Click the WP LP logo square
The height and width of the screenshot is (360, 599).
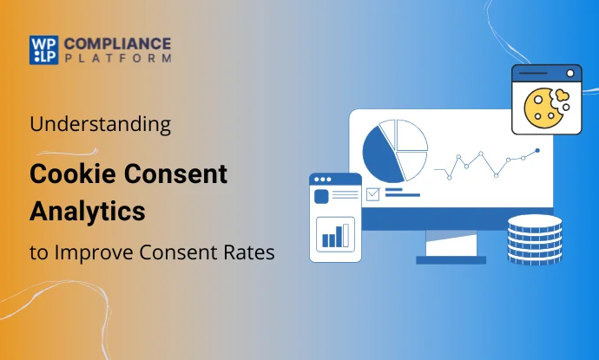tap(43, 49)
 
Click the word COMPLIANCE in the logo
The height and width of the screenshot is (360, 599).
tap(116, 43)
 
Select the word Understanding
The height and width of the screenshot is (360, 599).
tap(100, 124)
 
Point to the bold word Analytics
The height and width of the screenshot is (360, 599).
tap(88, 209)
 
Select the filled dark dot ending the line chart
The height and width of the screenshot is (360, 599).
tap(537, 150)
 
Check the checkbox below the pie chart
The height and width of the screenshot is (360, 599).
tap(372, 194)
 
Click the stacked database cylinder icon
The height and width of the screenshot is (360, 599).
tap(534, 239)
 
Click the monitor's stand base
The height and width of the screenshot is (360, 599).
tap(451, 259)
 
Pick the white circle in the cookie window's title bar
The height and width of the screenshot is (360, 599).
tap(570, 74)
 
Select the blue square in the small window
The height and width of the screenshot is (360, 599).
tap(323, 197)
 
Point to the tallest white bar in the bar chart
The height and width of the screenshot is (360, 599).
tap(346, 235)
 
